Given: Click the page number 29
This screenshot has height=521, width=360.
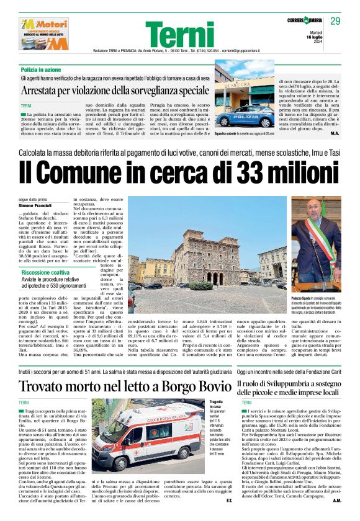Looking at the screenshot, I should pos(335,21).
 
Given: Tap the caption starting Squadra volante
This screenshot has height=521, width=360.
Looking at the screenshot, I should pos(244,134).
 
